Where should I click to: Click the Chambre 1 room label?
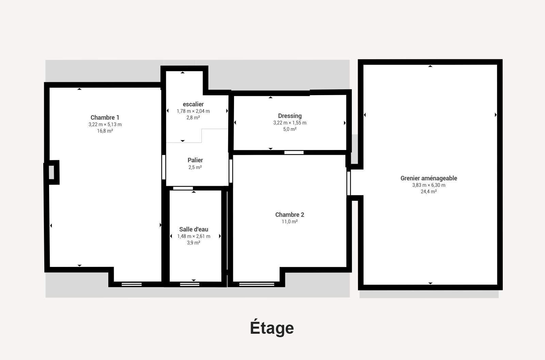pyautogui.click(x=105, y=118)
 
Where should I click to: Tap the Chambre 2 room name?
pyautogui.click(x=290, y=215)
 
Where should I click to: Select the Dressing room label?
pyautogui.click(x=290, y=116)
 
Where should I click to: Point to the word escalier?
pyautogui.click(x=193, y=104)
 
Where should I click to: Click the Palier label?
pyautogui.click(x=195, y=160)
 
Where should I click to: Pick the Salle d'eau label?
pyautogui.click(x=194, y=229)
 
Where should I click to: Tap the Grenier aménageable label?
pyautogui.click(x=429, y=178)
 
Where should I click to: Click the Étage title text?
pyautogui.click(x=272, y=328)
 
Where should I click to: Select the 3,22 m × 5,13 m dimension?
pyautogui.click(x=105, y=124)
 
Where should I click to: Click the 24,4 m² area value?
pyautogui.click(x=429, y=192)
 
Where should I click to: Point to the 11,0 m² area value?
pyautogui.click(x=290, y=222)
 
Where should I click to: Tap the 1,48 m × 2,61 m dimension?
pyautogui.click(x=194, y=236)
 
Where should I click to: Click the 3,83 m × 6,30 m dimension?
pyautogui.click(x=429, y=185)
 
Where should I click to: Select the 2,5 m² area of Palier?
pyautogui.click(x=195, y=167)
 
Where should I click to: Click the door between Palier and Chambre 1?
pyautogui.click(x=164, y=167)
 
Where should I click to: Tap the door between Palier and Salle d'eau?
pyautogui.click(x=183, y=188)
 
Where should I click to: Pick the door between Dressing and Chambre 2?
pyautogui.click(x=294, y=152)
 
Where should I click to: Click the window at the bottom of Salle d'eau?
pyautogui.click(x=189, y=284)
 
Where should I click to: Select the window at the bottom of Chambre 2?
pyautogui.click(x=257, y=284)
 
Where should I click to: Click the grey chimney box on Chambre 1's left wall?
pyautogui.click(x=51, y=172)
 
